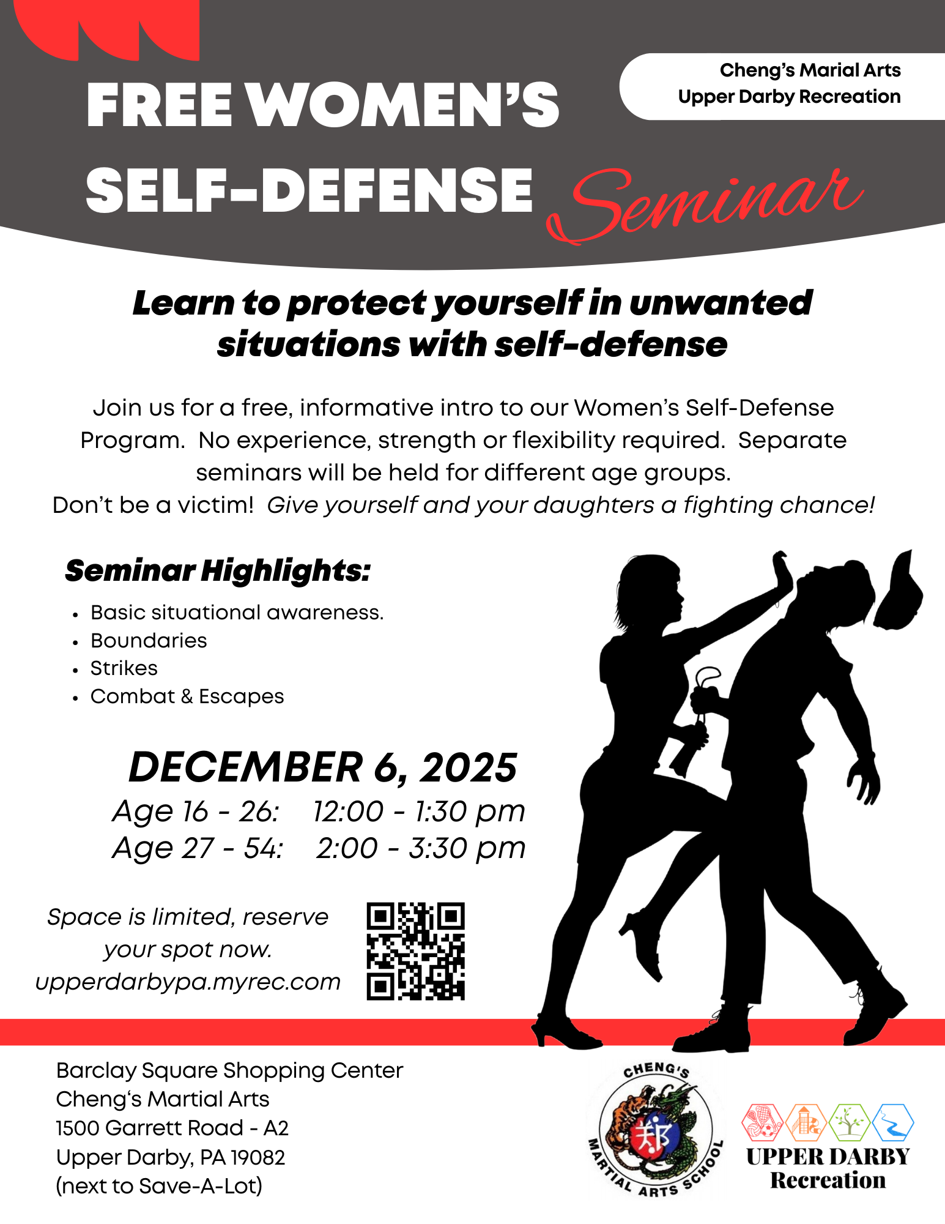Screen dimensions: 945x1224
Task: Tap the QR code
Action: point(416,951)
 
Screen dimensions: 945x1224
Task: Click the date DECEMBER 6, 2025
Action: point(323,767)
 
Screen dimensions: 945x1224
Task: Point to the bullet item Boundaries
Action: point(149,641)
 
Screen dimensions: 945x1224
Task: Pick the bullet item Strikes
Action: point(124,668)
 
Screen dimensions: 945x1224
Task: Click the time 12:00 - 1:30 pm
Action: point(419,812)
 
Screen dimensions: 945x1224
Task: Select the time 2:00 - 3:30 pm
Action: point(421,848)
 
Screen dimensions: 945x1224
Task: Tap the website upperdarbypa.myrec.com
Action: point(188,982)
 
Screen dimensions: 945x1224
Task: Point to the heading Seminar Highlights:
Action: point(218,571)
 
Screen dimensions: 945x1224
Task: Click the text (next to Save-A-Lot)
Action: point(159,1186)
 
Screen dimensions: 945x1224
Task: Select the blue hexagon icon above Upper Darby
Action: point(893,1122)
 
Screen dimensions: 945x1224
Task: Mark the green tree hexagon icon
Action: point(850,1122)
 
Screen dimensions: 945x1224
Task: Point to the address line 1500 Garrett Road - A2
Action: point(172,1128)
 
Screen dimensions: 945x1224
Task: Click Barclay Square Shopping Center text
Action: point(229,1071)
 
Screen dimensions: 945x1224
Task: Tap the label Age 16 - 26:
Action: point(196,812)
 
